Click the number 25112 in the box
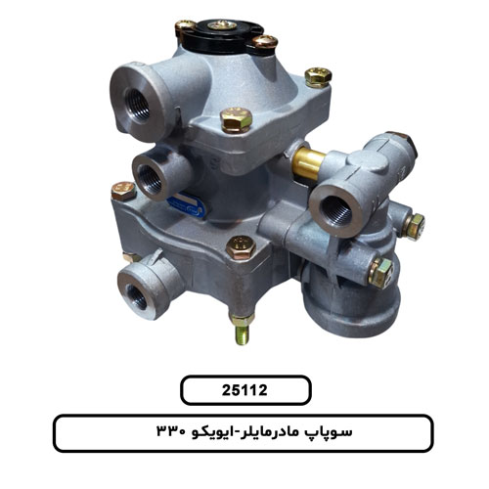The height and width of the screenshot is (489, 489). click(x=244, y=390)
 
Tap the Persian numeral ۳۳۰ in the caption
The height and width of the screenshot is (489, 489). click(x=171, y=432)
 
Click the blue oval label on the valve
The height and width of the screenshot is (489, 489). click(x=185, y=205)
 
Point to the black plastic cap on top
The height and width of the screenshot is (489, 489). click(x=222, y=36)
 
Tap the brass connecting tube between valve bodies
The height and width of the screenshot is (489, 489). click(x=308, y=161)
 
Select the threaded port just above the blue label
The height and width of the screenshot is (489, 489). click(x=151, y=176)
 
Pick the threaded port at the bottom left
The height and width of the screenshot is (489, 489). click(x=137, y=296)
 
